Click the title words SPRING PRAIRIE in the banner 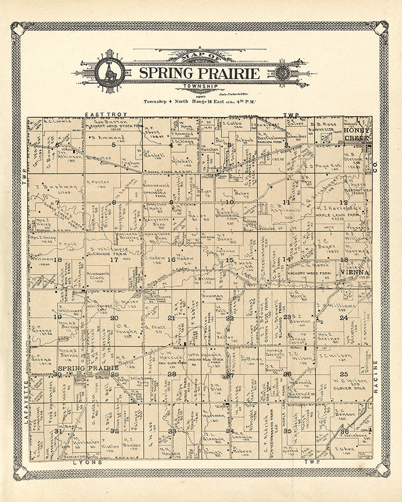(x=199, y=73)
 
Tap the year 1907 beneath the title (x=200, y=95)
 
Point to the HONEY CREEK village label (x=357, y=133)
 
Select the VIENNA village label (x=355, y=272)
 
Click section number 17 (x=114, y=260)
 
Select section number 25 (x=344, y=374)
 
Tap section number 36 (x=344, y=431)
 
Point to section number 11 (x=286, y=202)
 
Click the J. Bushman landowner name (x=57, y=187)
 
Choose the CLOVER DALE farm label (x=344, y=388)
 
